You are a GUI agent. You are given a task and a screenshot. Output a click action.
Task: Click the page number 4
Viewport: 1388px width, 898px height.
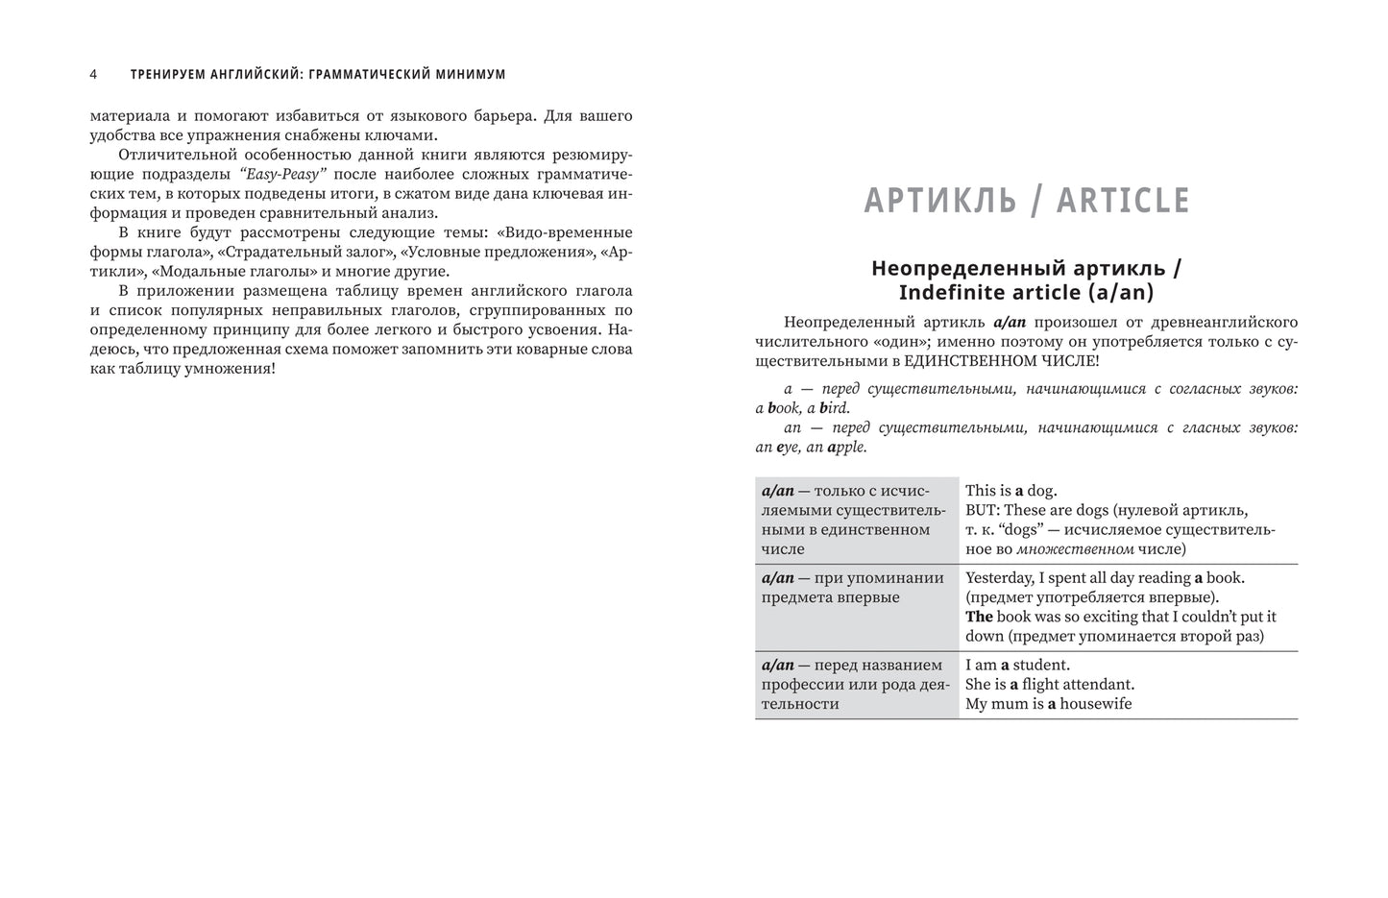click(93, 74)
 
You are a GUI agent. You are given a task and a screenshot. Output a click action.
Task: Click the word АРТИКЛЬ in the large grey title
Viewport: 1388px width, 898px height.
click(940, 201)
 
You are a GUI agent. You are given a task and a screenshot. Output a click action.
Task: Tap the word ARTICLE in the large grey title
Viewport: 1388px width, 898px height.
click(1123, 201)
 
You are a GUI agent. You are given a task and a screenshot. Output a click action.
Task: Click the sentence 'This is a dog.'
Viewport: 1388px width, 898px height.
click(1011, 491)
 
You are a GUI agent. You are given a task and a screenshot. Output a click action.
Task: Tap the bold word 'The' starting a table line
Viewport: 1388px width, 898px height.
click(979, 617)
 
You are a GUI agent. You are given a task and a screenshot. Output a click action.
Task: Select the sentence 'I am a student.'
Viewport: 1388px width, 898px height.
click(1017, 665)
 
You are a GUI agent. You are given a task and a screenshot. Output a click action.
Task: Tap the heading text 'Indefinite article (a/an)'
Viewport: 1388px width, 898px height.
click(1026, 293)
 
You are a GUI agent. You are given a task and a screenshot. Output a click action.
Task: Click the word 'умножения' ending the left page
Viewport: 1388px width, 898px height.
click(236, 369)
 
